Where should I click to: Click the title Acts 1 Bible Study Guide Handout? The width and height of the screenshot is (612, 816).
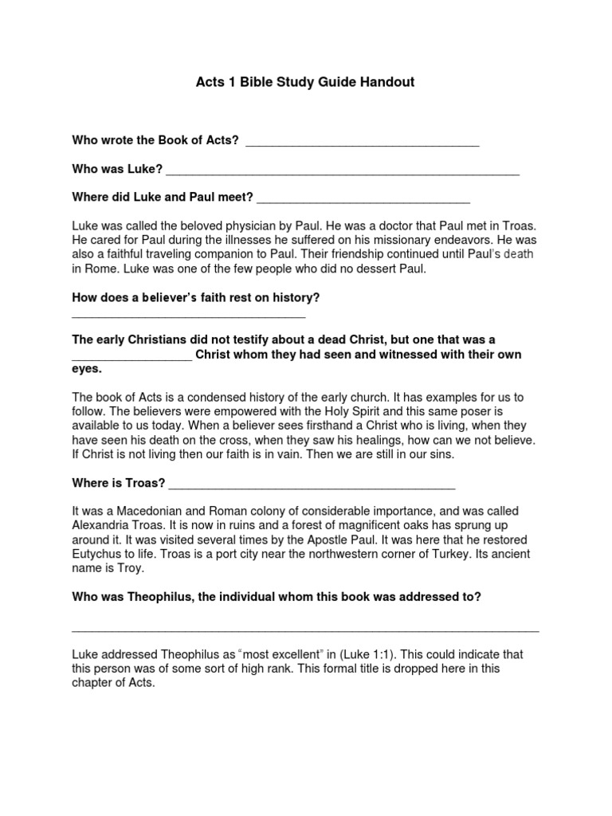click(x=305, y=82)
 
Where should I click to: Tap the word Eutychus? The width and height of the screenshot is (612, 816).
click(x=100, y=555)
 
